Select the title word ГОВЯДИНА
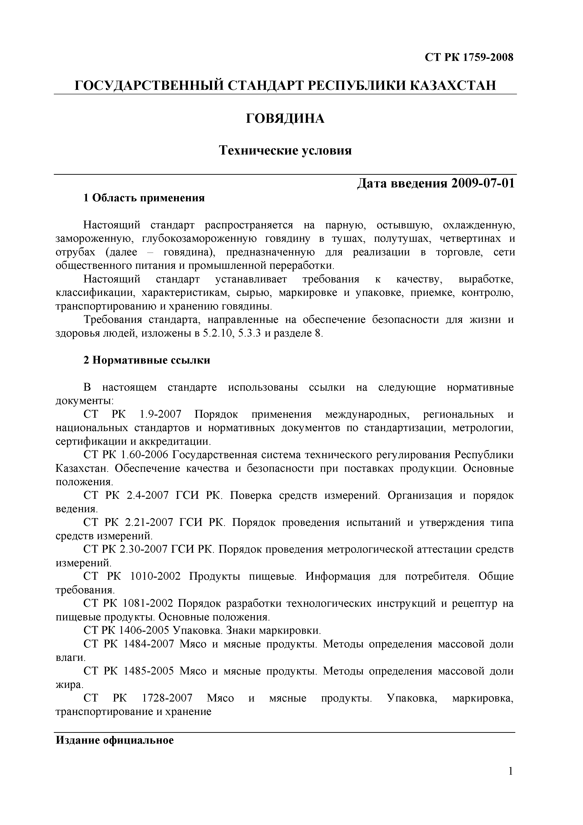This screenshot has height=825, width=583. [285, 118]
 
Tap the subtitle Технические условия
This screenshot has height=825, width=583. [285, 150]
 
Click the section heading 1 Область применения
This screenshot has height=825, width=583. [144, 198]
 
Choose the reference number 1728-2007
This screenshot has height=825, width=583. [167, 698]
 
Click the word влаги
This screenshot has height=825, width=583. [70, 658]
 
